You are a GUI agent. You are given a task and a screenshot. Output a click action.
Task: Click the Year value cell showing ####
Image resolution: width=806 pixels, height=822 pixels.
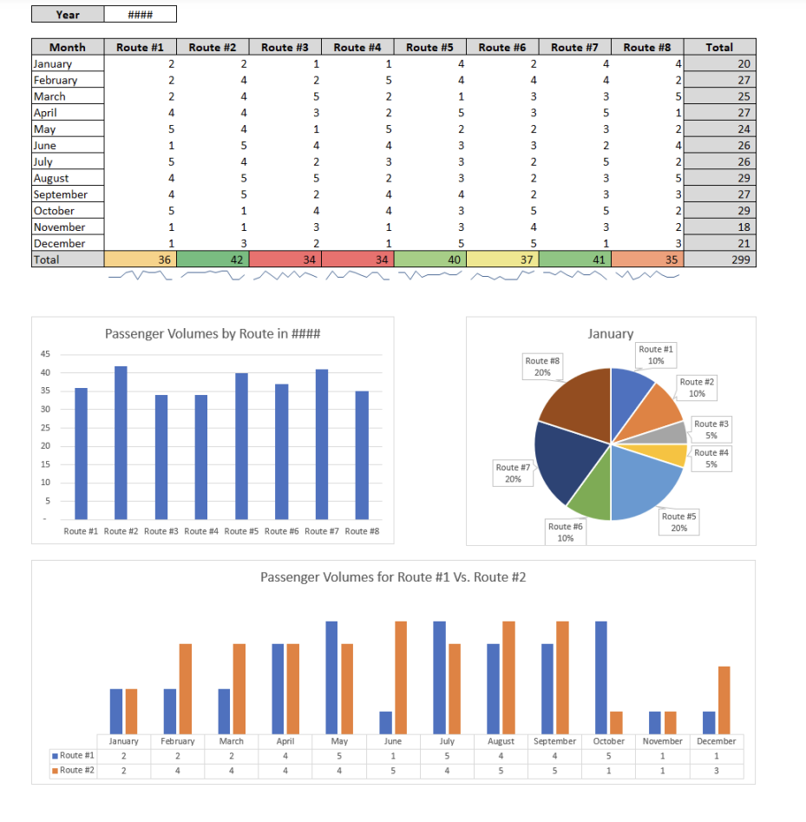(x=140, y=15)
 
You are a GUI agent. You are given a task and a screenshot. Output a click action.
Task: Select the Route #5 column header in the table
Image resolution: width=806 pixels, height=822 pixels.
(x=429, y=47)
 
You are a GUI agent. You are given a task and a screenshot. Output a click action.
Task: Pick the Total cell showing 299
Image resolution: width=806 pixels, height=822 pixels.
(x=719, y=260)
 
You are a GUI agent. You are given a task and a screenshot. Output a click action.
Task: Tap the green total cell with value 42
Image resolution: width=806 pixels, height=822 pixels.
(x=213, y=260)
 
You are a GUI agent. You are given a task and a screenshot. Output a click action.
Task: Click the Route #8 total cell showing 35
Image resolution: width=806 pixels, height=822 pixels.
(x=647, y=260)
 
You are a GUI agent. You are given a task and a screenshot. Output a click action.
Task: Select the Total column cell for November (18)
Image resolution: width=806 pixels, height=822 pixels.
(x=719, y=227)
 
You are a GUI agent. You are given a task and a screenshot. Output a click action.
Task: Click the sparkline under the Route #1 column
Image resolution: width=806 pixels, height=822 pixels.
(x=140, y=276)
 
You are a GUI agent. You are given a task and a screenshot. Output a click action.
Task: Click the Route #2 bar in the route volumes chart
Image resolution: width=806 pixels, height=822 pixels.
(x=121, y=443)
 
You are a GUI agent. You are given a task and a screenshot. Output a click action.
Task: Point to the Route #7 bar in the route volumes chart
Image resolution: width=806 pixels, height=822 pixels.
(x=322, y=444)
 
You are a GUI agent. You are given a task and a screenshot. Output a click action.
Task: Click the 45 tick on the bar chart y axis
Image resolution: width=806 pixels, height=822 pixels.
(x=45, y=354)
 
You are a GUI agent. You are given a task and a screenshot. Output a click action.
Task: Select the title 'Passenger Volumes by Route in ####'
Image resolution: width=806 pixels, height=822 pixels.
(x=213, y=334)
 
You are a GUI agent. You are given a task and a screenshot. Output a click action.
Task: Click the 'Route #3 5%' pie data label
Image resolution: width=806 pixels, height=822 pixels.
(x=711, y=430)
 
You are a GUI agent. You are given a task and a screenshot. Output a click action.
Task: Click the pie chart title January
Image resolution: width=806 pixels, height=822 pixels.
(x=610, y=333)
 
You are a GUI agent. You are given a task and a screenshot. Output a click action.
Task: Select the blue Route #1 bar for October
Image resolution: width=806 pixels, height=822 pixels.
(x=600, y=677)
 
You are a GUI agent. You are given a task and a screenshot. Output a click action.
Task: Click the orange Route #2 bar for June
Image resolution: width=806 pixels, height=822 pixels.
(x=401, y=677)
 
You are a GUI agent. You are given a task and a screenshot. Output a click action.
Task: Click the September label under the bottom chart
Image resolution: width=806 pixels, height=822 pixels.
(x=554, y=741)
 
